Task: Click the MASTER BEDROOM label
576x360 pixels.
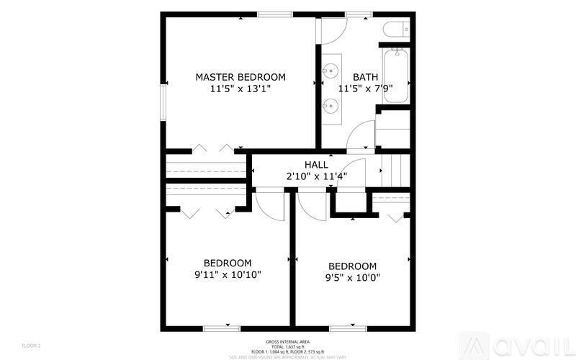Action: pyautogui.click(x=240, y=77)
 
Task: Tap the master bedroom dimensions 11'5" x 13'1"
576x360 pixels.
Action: pyautogui.click(x=240, y=90)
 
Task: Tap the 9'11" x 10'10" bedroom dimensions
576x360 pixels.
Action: pyautogui.click(x=228, y=275)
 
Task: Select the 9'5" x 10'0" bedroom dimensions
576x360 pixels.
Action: pyautogui.click(x=352, y=278)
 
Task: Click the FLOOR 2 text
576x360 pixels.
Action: pyautogui.click(x=31, y=346)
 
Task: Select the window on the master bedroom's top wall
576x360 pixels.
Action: pyautogui.click(x=276, y=14)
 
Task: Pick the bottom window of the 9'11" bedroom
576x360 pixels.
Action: pyautogui.click(x=222, y=328)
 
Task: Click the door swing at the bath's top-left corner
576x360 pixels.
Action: pyautogui.click(x=333, y=29)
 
